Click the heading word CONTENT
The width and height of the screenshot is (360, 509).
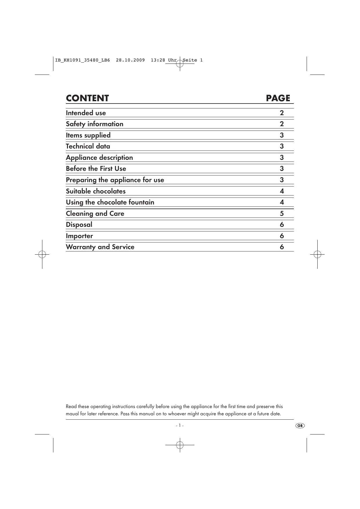pyautogui.click(x=87, y=98)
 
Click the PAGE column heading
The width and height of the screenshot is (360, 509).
pyautogui.click(x=278, y=98)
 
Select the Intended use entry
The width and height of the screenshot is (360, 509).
pyautogui.click(x=86, y=113)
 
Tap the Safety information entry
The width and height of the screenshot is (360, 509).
pyautogui.click(x=95, y=124)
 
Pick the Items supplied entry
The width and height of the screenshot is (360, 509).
pyautogui.click(x=88, y=135)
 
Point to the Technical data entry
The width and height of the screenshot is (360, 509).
pyautogui.click(x=88, y=146)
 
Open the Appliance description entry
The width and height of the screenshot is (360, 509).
pyautogui.click(x=99, y=157)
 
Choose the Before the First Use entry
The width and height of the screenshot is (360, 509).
pyautogui.click(x=96, y=169)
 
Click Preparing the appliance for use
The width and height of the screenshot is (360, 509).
pyautogui.click(x=115, y=180)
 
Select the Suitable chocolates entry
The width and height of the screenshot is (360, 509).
pyautogui.click(x=96, y=191)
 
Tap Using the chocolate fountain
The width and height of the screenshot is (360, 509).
pyautogui.click(x=110, y=202)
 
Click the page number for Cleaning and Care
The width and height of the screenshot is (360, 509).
pyautogui.click(x=282, y=213)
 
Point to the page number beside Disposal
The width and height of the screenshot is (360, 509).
pyautogui.click(x=282, y=224)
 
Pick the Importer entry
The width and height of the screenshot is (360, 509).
pyautogui.click(x=79, y=236)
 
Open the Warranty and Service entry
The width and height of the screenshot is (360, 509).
pyautogui.click(x=100, y=247)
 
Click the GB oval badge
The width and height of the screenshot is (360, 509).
pyautogui.click(x=300, y=425)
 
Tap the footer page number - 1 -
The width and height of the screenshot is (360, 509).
pyautogui.click(x=180, y=425)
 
